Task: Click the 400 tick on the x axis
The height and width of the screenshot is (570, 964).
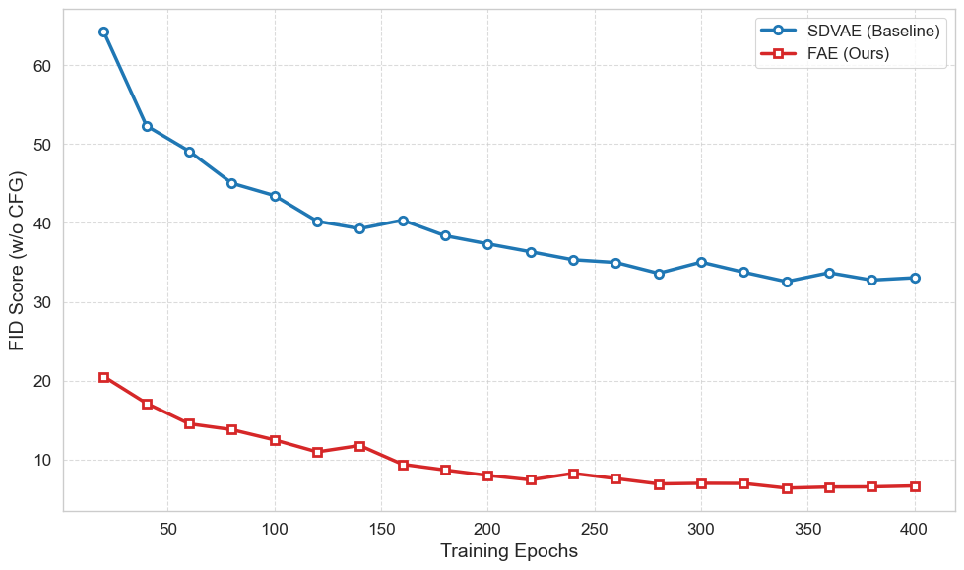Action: coord(915,529)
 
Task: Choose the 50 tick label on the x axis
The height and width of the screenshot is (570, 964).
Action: coord(168,529)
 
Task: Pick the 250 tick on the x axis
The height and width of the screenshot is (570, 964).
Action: coord(595,529)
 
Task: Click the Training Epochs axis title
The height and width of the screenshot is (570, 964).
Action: coord(508,551)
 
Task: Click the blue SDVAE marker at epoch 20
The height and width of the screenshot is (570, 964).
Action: coord(104,32)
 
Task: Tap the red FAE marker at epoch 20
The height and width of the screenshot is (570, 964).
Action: coord(104,377)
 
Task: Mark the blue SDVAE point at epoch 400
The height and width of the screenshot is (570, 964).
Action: coord(915,278)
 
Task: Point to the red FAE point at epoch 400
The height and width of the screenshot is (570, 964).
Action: coord(915,486)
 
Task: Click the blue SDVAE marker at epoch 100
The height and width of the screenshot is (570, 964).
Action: coord(275,196)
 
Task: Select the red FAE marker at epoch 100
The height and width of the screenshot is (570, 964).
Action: coord(275,440)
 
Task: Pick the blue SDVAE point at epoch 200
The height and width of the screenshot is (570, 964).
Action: coord(487,244)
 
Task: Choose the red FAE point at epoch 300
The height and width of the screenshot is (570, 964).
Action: coord(701,483)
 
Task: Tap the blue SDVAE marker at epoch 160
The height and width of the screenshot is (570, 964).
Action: coord(403,221)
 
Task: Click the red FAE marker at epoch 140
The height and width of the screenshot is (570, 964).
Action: coord(359,446)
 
